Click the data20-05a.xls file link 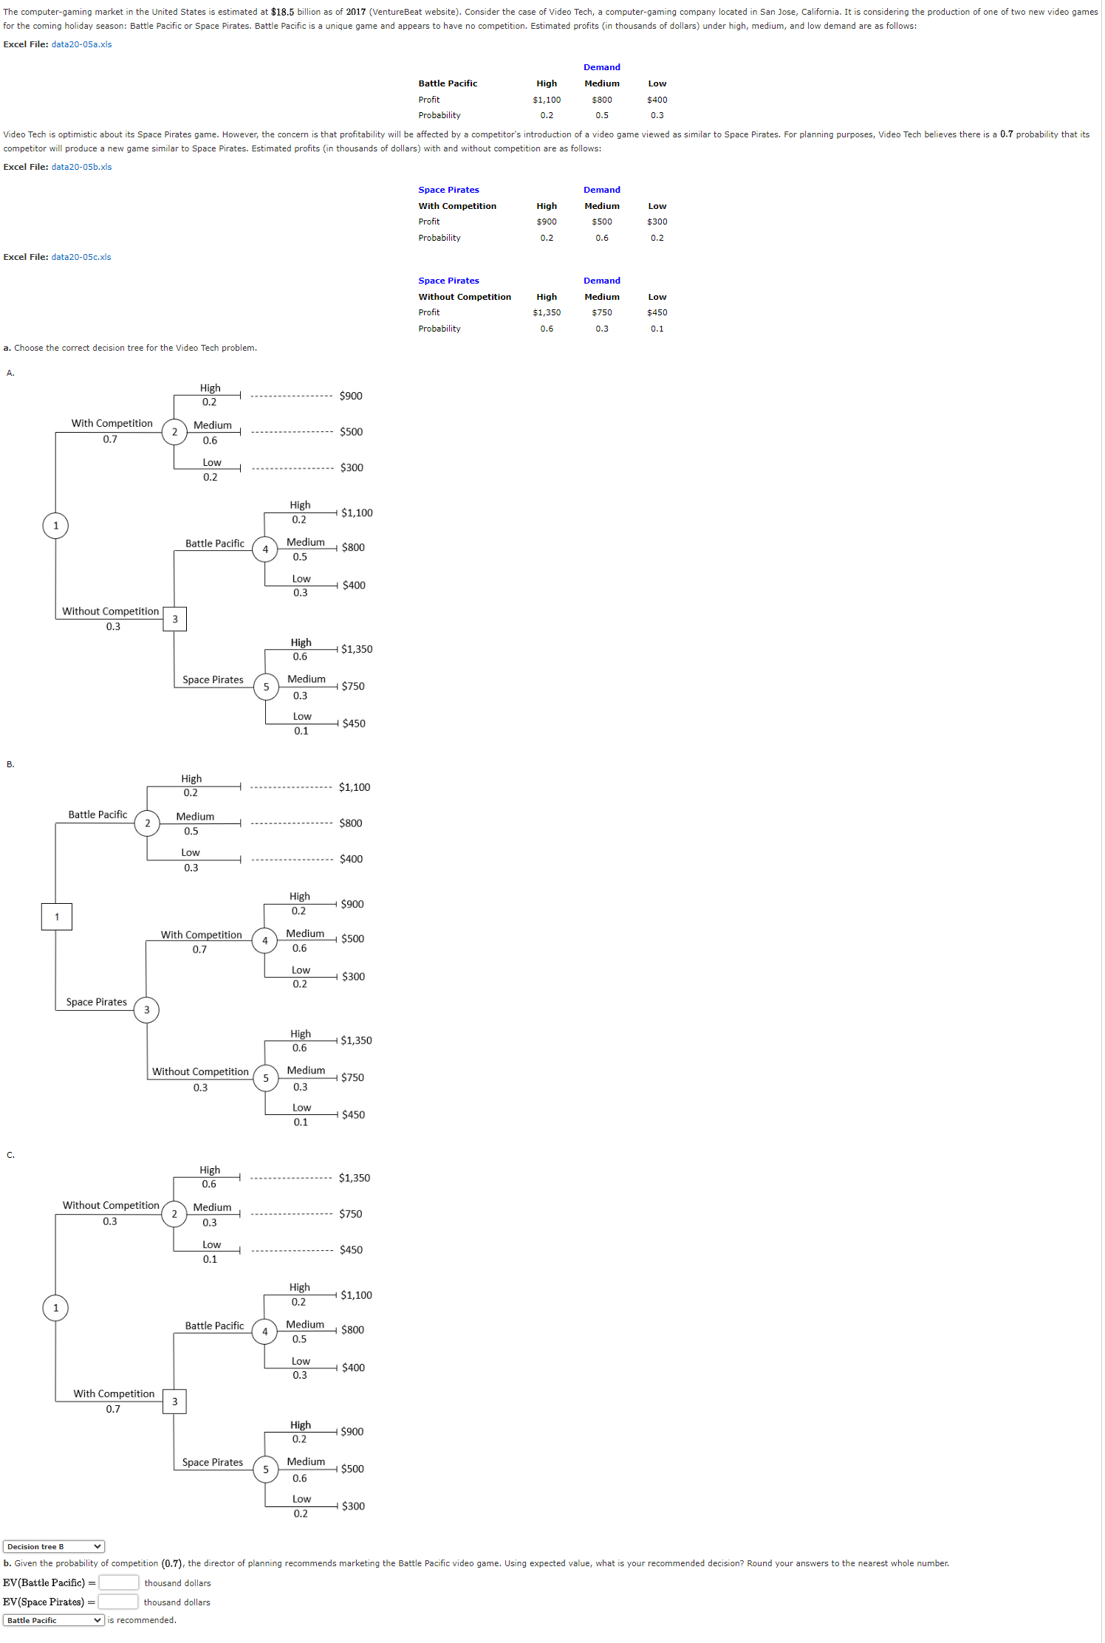(81, 44)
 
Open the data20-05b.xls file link (81, 167)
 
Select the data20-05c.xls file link (81, 257)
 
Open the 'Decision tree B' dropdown (54, 1546)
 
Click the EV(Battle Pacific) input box (118, 1582)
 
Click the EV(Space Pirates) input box (118, 1602)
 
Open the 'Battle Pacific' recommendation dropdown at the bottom (54, 1620)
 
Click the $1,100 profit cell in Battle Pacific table (547, 100)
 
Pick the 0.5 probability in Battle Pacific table (602, 115)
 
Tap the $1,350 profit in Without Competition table (547, 312)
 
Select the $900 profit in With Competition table (547, 222)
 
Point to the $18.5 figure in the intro (282, 12)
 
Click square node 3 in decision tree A (175, 619)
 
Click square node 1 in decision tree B (57, 916)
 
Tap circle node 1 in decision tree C (55, 1308)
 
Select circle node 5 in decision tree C (266, 1469)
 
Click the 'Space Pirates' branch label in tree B (97, 1002)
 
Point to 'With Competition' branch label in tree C (114, 1393)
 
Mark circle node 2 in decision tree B (147, 823)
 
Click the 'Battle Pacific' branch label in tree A (214, 543)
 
